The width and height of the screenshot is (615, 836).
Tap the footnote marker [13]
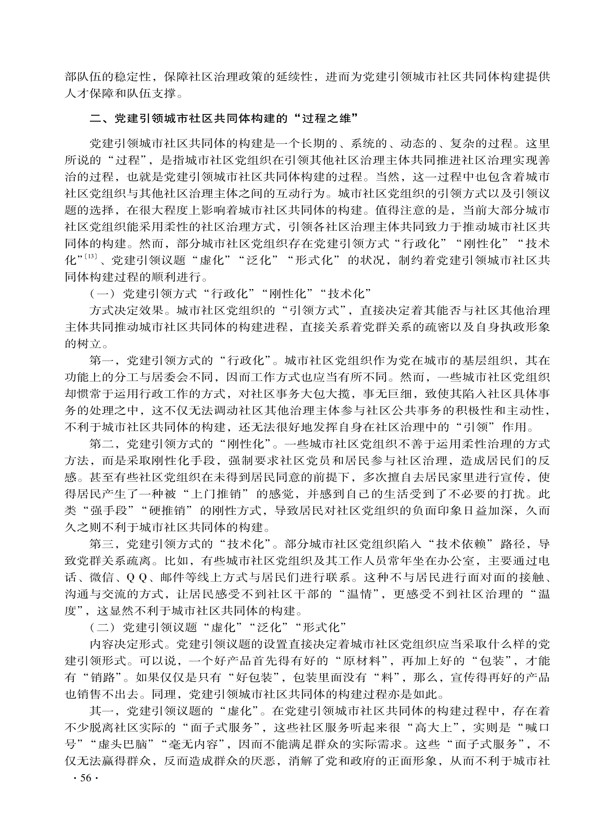coord(91,256)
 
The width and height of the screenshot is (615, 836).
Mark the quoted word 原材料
coord(363,661)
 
